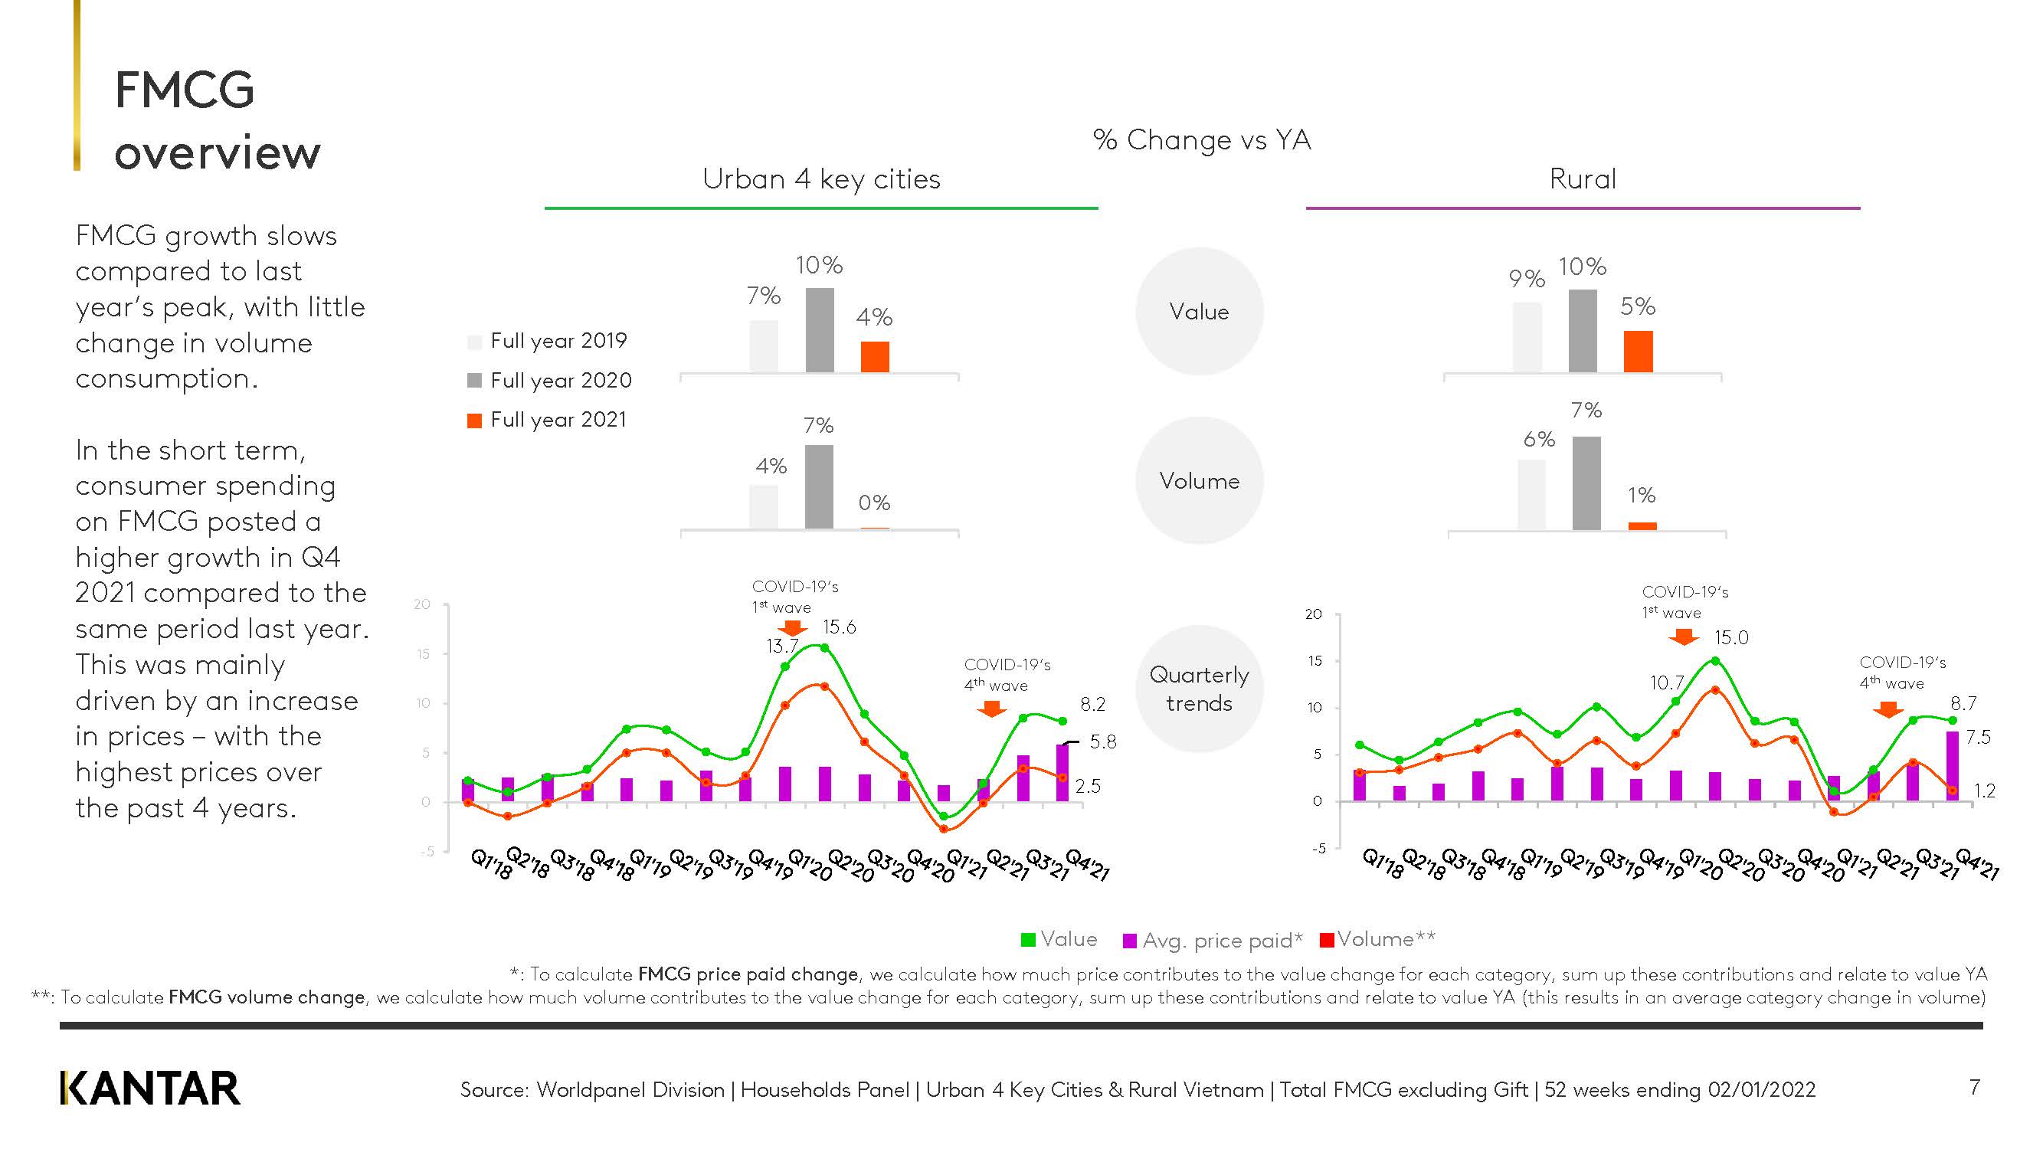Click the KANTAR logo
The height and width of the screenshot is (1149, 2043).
click(x=150, y=1088)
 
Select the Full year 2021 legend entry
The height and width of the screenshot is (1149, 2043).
click(x=548, y=420)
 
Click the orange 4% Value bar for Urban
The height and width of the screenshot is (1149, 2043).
click(x=875, y=357)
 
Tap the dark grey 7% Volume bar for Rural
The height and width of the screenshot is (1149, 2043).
click(x=1586, y=483)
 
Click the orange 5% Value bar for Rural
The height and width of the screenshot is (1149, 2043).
click(x=1638, y=352)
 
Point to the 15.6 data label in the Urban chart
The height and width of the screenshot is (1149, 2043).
click(x=838, y=627)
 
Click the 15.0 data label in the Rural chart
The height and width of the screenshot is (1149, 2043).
click(x=1730, y=637)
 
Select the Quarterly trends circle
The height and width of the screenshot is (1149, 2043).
click(x=1198, y=689)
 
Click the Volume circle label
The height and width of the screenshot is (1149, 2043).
click(x=1198, y=480)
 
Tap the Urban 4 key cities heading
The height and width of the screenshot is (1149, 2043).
click(x=821, y=179)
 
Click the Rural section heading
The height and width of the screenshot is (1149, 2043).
click(x=1582, y=179)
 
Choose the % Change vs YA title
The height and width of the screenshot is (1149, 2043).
click(x=1202, y=139)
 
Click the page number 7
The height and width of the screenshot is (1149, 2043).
click(x=1974, y=1086)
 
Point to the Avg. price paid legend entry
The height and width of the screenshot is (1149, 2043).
click(x=1213, y=941)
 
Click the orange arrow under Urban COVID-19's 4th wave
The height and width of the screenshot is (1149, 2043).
click(x=991, y=708)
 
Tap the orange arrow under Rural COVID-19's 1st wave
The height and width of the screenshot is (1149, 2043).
click(x=1683, y=637)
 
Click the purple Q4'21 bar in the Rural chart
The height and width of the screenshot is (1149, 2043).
click(x=1952, y=765)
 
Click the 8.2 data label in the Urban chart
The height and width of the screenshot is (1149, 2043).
click(x=1092, y=704)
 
